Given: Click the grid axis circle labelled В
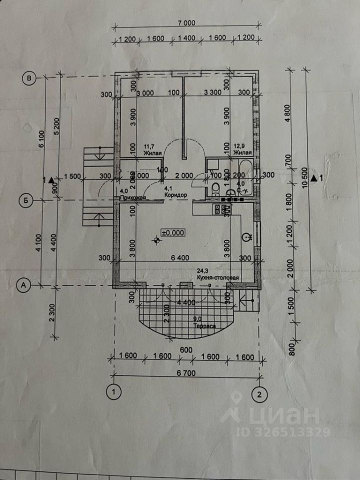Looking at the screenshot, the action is pos(29,77).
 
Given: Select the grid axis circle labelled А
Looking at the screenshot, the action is pos(22,285).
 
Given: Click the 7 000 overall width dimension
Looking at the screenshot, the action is pos(186,22).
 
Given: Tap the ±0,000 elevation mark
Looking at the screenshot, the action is pos(173,232).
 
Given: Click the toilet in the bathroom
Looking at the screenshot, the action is pos(214,188).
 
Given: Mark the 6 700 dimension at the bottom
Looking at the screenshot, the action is pos(186,373).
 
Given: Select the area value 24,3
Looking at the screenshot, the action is pos(204,271).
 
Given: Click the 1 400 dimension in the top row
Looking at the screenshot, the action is pos(186,38).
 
